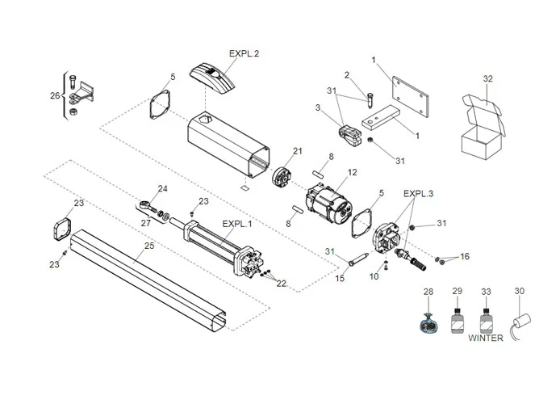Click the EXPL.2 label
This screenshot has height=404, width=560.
click(x=244, y=53)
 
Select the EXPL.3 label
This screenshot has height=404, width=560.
click(x=418, y=194)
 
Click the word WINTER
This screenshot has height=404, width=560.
click(x=486, y=338)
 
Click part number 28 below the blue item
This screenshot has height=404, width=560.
click(x=428, y=290)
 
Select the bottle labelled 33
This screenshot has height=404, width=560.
click(x=486, y=320)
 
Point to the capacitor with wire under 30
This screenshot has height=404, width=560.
click(x=524, y=322)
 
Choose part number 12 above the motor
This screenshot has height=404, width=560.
click(x=352, y=173)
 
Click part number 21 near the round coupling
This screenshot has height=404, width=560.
click(x=297, y=151)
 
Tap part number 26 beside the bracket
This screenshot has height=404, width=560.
click(x=55, y=95)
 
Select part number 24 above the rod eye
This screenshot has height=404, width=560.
click(x=163, y=189)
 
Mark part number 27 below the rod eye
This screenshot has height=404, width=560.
click(x=146, y=222)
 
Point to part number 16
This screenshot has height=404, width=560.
click(x=464, y=257)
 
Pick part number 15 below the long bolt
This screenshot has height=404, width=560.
click(x=340, y=279)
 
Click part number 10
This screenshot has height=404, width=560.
click(x=374, y=276)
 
